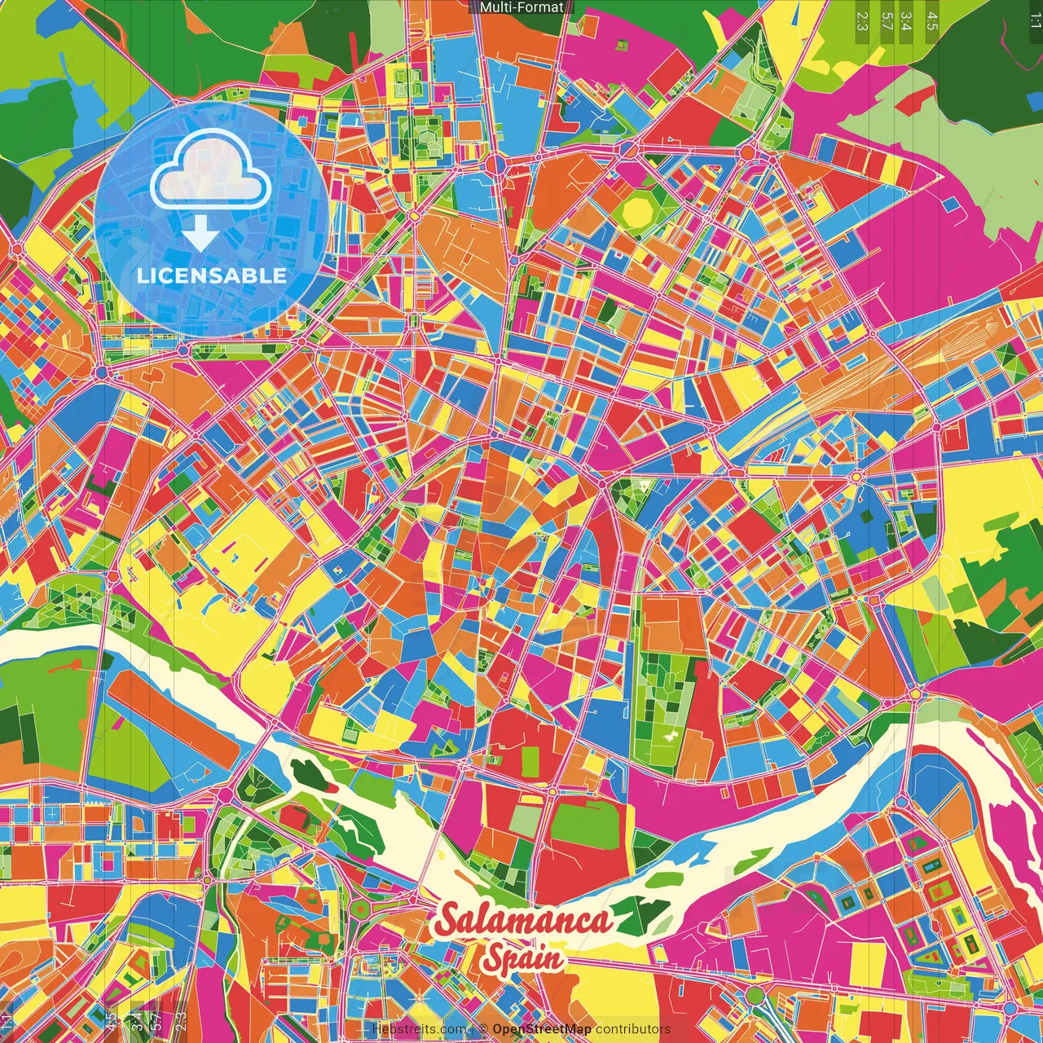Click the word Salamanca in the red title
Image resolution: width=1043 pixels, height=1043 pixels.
click(522, 921)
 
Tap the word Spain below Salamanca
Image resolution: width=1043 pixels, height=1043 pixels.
click(521, 958)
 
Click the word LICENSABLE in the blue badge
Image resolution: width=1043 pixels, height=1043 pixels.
click(212, 275)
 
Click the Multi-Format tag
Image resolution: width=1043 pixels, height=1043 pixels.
click(521, 7)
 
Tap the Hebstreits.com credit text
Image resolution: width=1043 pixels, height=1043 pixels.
click(419, 1029)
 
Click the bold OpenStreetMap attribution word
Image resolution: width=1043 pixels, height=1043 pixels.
click(542, 1029)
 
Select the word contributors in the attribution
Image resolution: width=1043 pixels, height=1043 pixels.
click(633, 1029)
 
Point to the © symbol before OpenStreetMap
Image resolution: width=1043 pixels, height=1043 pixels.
click(483, 1029)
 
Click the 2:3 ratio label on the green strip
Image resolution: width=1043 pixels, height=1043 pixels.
click(862, 20)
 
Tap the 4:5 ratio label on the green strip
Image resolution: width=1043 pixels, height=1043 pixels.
click(932, 20)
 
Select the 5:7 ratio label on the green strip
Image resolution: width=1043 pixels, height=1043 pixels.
click(887, 20)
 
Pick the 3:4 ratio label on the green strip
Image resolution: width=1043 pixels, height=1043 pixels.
click(907, 20)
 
